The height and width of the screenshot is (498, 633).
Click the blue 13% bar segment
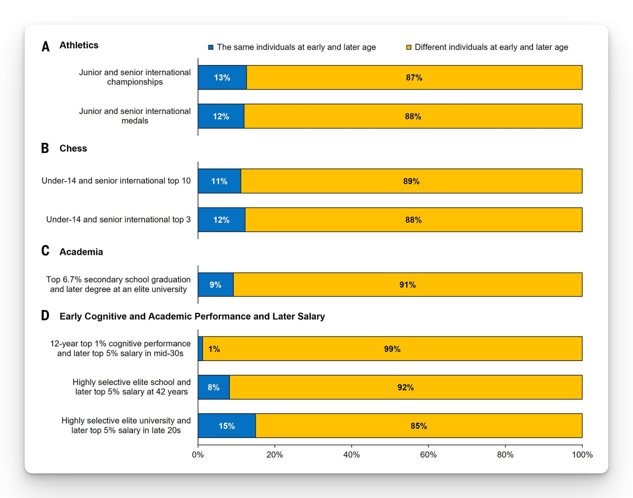222,78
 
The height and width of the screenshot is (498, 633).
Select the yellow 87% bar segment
414,78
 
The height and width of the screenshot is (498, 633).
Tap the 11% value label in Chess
219,181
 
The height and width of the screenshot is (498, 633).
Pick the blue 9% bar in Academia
216,285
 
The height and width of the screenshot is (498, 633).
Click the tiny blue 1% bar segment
200,349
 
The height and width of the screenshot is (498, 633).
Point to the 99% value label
392,349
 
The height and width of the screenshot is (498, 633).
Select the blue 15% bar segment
227,426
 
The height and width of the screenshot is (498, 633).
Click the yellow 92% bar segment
405,387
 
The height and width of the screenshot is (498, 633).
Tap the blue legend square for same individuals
211,47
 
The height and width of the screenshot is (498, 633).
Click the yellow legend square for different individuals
409,47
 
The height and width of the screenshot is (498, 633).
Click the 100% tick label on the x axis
582,455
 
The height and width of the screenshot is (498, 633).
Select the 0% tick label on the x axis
198,455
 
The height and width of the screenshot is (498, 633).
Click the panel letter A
46,46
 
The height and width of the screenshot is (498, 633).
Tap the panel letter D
45,316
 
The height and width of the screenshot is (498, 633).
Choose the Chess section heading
73,149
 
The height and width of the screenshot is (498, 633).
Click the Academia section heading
81,252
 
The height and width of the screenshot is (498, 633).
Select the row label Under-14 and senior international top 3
118,220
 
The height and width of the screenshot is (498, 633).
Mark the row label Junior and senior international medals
135,116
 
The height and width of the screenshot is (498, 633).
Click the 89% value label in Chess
411,181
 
